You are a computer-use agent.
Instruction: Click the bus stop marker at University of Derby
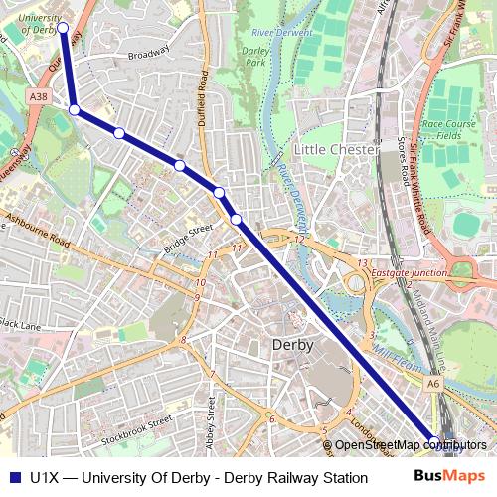coord(63,29)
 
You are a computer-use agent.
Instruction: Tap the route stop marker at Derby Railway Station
coord(433,440)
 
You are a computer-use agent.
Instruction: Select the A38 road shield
coord(38,96)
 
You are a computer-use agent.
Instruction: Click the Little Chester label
coord(339,149)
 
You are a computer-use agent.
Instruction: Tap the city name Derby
coord(292,345)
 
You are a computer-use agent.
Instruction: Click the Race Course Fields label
coord(449,130)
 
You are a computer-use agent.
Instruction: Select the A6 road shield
coord(433,382)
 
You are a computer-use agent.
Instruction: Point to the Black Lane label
coord(20,324)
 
